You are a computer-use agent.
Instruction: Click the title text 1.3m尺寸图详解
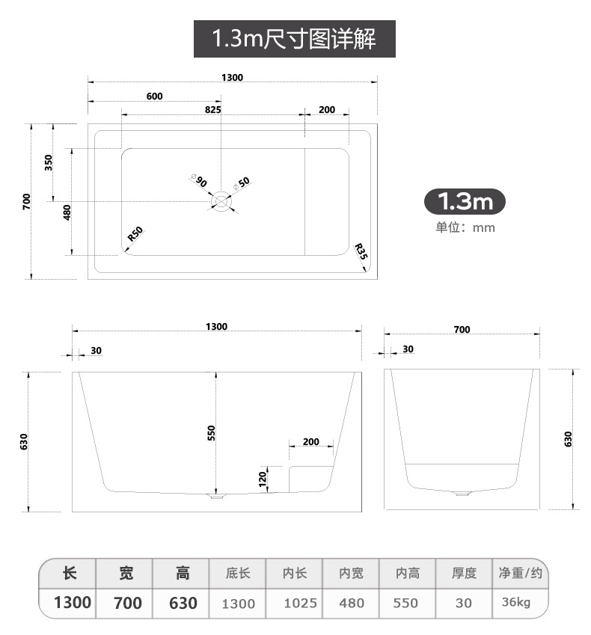295,39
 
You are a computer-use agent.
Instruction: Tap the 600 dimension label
154,96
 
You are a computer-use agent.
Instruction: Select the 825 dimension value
212,109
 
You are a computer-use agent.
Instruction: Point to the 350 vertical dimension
49,162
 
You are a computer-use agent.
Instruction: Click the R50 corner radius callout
135,233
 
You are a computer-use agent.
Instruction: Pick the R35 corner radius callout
361,251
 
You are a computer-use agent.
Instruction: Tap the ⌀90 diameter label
199,180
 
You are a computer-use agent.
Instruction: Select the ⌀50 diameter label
242,182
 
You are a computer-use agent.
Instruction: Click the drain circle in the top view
221,200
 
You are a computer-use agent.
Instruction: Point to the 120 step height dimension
263,479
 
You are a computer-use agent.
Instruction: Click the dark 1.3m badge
465,201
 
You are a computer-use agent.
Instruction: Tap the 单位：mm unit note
465,227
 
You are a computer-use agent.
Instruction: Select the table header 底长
239,574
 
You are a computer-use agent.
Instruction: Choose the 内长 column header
295,574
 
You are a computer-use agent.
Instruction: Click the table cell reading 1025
301,603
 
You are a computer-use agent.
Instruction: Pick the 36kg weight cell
516,602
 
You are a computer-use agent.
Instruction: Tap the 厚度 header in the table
464,574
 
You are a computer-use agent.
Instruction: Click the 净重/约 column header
520,574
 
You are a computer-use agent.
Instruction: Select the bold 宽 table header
126,574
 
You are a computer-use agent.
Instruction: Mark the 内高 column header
408,574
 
